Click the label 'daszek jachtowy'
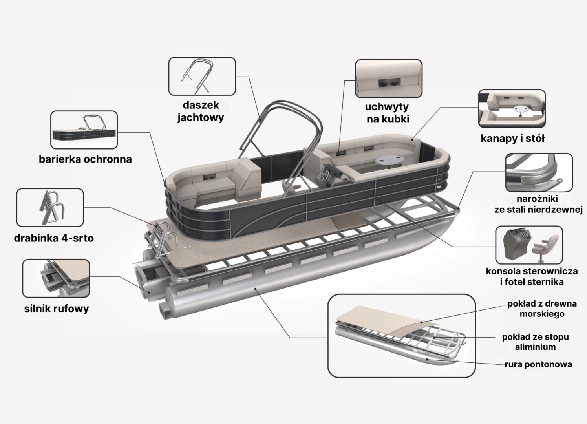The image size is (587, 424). (x=200, y=111)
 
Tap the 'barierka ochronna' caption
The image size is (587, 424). (x=85, y=159)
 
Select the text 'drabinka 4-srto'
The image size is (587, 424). (x=54, y=238)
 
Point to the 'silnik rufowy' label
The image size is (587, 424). (x=57, y=309)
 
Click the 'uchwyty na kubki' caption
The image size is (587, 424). (x=387, y=113)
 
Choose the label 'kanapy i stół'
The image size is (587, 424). (x=512, y=139)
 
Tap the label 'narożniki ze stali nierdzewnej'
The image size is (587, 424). (x=538, y=204)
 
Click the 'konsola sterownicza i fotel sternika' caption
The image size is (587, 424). (x=532, y=276)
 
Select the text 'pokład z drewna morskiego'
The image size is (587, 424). (x=541, y=309)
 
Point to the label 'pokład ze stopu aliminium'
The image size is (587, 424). (x=535, y=342)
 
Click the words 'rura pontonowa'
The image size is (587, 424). (x=538, y=364)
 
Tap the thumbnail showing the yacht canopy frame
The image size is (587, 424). (x=202, y=76)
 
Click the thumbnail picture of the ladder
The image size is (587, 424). (x=50, y=207)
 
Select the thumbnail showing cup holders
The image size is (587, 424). (x=388, y=79)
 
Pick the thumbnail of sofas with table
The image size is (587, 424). (x=512, y=108)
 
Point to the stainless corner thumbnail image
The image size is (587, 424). (x=538, y=172)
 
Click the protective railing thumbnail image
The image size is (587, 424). (x=84, y=130)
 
